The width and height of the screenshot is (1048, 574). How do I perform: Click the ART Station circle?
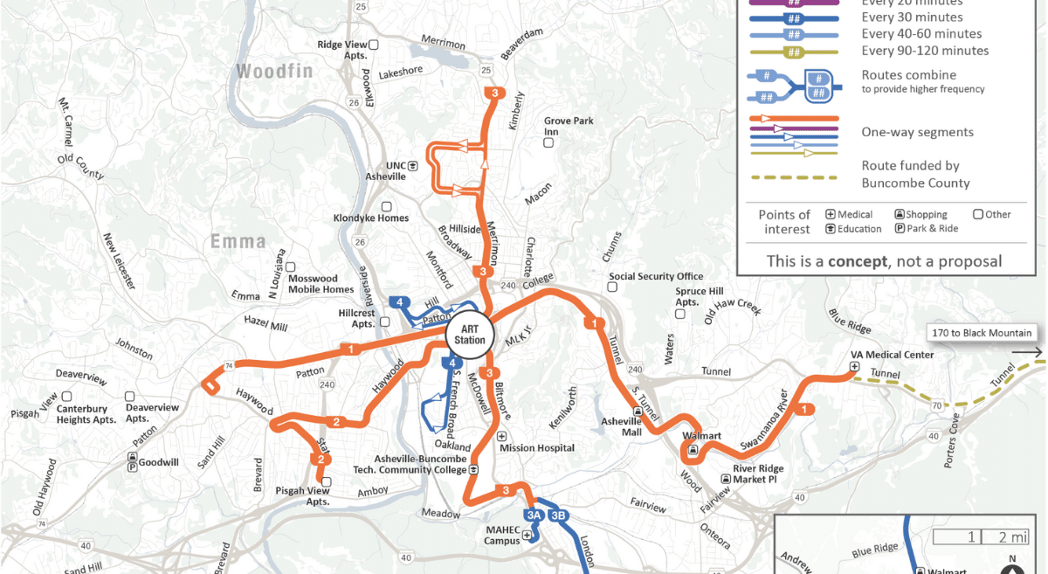tap(470, 335)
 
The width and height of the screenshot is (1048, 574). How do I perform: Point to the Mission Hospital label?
tap(536, 448)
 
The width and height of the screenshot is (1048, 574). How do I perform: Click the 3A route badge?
tap(534, 515)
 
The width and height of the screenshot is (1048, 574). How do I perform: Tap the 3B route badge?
tap(559, 515)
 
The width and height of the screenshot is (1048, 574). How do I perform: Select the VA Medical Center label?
tap(893, 356)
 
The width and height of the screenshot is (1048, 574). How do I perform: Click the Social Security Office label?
tap(656, 277)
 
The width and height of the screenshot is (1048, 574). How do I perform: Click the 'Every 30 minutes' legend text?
tap(912, 17)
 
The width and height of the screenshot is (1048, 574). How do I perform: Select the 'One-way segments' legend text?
tap(917, 132)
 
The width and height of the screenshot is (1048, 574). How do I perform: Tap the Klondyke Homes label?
tap(370, 218)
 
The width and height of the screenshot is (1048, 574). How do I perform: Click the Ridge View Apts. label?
tap(341, 49)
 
